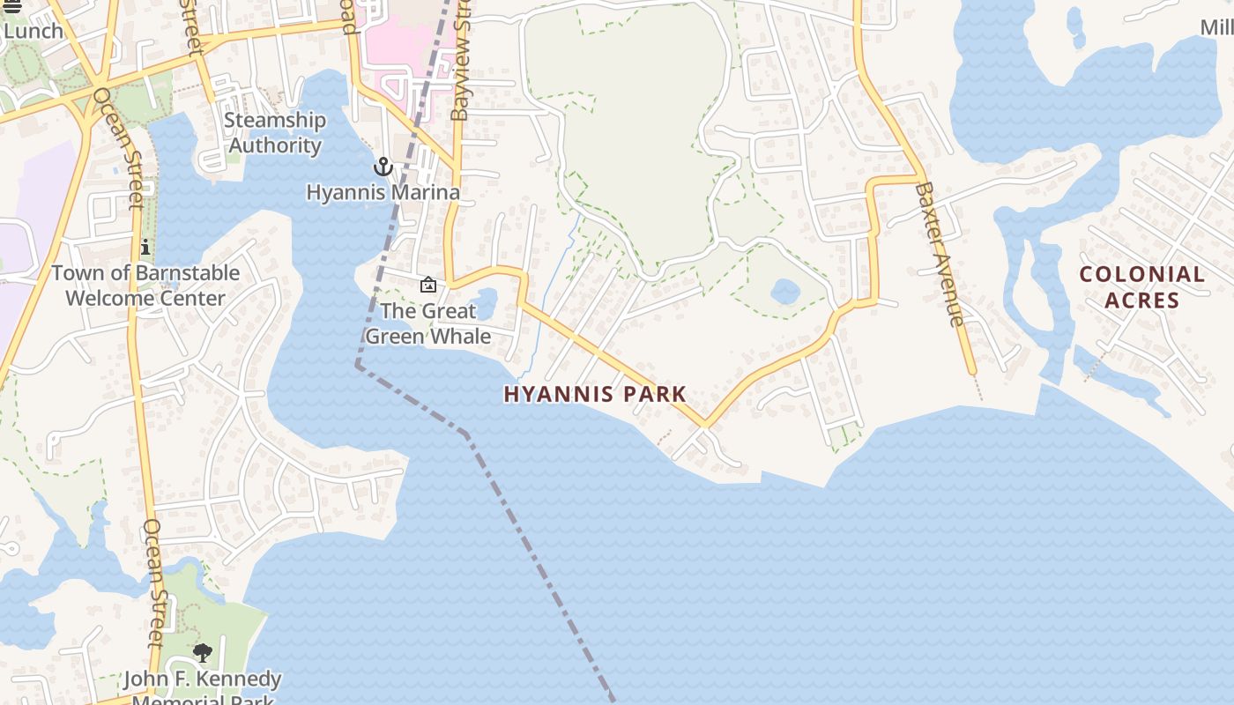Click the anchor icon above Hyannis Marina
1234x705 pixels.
click(383, 167)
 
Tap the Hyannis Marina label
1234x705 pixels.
click(383, 192)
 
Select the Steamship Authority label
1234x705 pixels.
click(275, 133)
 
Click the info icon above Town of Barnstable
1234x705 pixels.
click(145, 248)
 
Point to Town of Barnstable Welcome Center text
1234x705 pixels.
click(145, 286)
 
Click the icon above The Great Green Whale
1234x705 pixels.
click(428, 285)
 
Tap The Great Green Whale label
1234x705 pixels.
click(428, 323)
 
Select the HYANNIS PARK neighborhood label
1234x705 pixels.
click(595, 394)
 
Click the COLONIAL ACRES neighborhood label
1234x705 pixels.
click(1142, 287)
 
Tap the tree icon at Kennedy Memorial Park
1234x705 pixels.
click(203, 653)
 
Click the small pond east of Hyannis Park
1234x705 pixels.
click(784, 290)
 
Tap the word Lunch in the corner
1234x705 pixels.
click(33, 31)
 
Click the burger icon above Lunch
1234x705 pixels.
click(12, 7)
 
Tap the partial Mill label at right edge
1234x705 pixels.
click(1217, 27)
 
